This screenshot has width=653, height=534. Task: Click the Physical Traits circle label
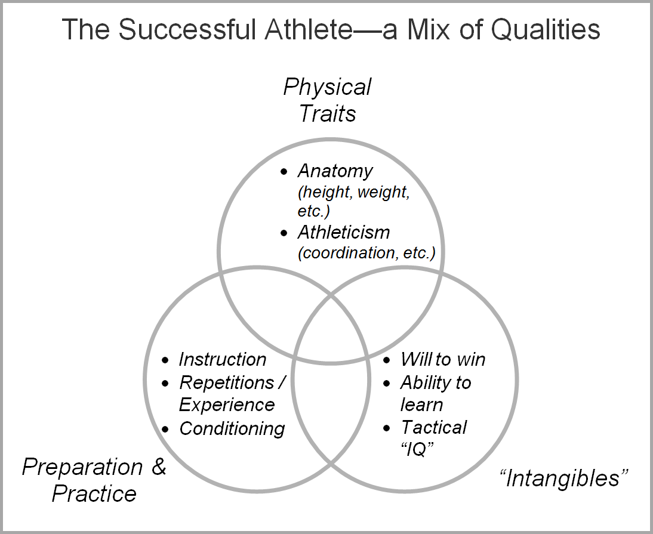tap(327, 100)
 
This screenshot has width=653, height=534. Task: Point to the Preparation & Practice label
tap(94, 480)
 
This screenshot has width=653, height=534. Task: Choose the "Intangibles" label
tap(563, 479)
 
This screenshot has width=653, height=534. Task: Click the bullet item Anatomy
tap(335, 171)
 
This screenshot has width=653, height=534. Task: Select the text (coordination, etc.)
tap(366, 252)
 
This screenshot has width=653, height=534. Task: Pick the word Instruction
tap(223, 359)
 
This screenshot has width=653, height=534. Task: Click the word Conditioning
tap(232, 428)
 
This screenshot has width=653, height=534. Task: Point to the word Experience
tap(227, 405)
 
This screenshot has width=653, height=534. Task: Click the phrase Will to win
tap(443, 359)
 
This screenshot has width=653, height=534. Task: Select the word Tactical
tap(434, 427)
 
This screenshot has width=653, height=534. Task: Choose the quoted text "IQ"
tap(417, 450)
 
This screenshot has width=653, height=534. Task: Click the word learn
tap(421, 405)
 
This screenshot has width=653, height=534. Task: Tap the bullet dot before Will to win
tap(387, 360)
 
